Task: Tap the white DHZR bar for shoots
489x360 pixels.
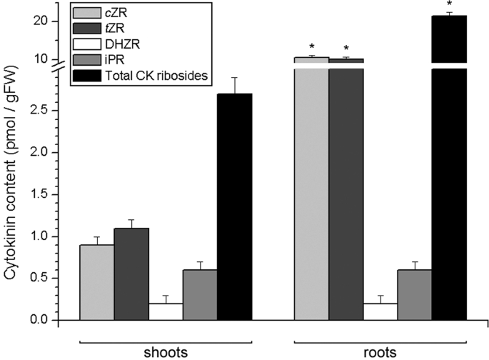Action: [165, 311]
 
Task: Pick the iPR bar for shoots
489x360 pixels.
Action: [200, 294]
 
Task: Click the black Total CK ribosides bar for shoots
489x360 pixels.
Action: [234, 206]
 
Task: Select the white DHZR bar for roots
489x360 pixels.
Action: [380, 311]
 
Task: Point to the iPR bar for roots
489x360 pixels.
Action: [415, 294]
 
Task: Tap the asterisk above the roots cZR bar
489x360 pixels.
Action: [312, 48]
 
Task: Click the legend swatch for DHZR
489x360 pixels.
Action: [92, 43]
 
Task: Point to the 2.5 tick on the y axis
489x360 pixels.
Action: [53, 111]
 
